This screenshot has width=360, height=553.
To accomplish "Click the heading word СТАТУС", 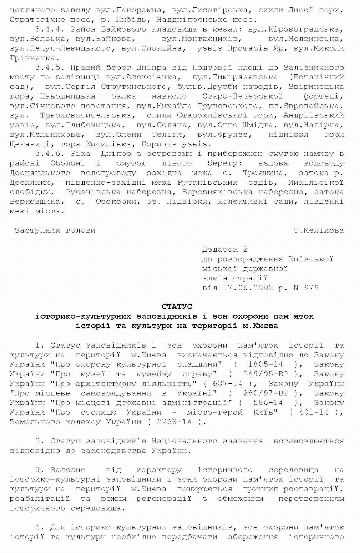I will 177,306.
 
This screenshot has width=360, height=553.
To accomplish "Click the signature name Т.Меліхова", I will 319,230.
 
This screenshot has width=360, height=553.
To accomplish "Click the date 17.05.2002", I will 247,288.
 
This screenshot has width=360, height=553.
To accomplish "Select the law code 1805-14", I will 265,364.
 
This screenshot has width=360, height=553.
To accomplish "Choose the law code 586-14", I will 268,402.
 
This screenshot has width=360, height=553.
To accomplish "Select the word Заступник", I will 37,230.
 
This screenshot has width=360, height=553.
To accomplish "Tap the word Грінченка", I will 32,58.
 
